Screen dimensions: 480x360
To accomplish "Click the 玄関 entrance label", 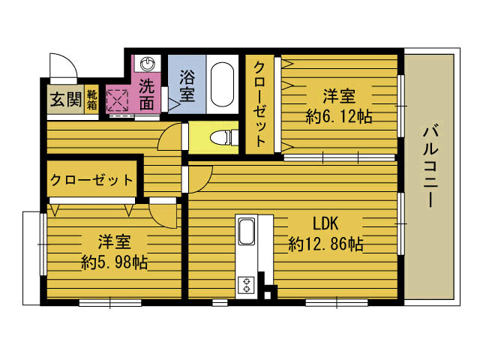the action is click(x=66, y=99).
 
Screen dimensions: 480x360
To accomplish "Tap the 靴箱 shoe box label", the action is click(x=91, y=100).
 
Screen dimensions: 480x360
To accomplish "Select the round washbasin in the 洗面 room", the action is click(x=147, y=64).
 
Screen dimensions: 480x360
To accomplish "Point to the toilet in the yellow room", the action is click(x=223, y=137).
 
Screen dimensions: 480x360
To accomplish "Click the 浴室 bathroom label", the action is click(x=187, y=85).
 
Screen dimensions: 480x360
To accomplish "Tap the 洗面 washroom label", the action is click(x=147, y=94).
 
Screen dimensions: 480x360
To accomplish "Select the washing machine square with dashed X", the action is click(x=117, y=100).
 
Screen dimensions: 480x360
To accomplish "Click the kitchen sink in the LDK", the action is click(x=247, y=231).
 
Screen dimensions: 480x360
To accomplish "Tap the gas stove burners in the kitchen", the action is click(x=246, y=285).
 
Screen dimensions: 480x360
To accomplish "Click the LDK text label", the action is click(x=325, y=223).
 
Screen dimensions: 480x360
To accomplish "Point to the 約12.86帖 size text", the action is click(x=325, y=244).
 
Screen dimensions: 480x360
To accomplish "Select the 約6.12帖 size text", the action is click(x=338, y=116).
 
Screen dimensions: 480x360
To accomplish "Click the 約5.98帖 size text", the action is click(x=114, y=262).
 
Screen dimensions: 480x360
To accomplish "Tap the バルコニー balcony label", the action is click(x=430, y=166).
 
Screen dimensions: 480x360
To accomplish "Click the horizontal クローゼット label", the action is click(x=91, y=180).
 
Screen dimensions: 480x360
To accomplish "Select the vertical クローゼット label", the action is click(x=259, y=103).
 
